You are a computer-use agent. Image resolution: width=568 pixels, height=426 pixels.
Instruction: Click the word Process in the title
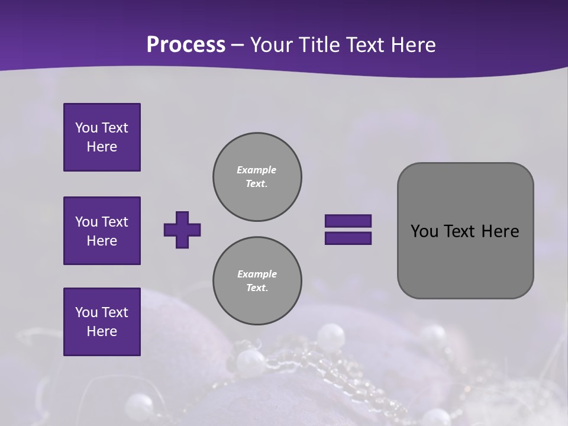click(186, 45)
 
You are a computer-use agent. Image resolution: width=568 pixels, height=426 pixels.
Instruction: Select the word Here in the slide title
click(412, 45)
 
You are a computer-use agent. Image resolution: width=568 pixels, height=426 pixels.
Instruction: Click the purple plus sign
click(182, 230)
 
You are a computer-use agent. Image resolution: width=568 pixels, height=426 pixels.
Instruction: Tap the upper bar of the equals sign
click(348, 221)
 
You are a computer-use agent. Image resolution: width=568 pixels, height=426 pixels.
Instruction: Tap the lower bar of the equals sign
click(348, 238)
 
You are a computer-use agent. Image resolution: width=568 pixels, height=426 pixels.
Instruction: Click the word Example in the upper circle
click(256, 170)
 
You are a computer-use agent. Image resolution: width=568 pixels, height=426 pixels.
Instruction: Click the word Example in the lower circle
click(257, 274)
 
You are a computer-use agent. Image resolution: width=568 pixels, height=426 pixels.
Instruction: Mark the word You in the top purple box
click(86, 128)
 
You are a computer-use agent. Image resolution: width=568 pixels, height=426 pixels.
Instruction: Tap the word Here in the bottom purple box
click(102, 331)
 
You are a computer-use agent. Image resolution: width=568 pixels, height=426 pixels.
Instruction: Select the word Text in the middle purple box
click(114, 222)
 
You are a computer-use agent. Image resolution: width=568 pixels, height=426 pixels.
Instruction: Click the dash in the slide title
click(237, 45)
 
